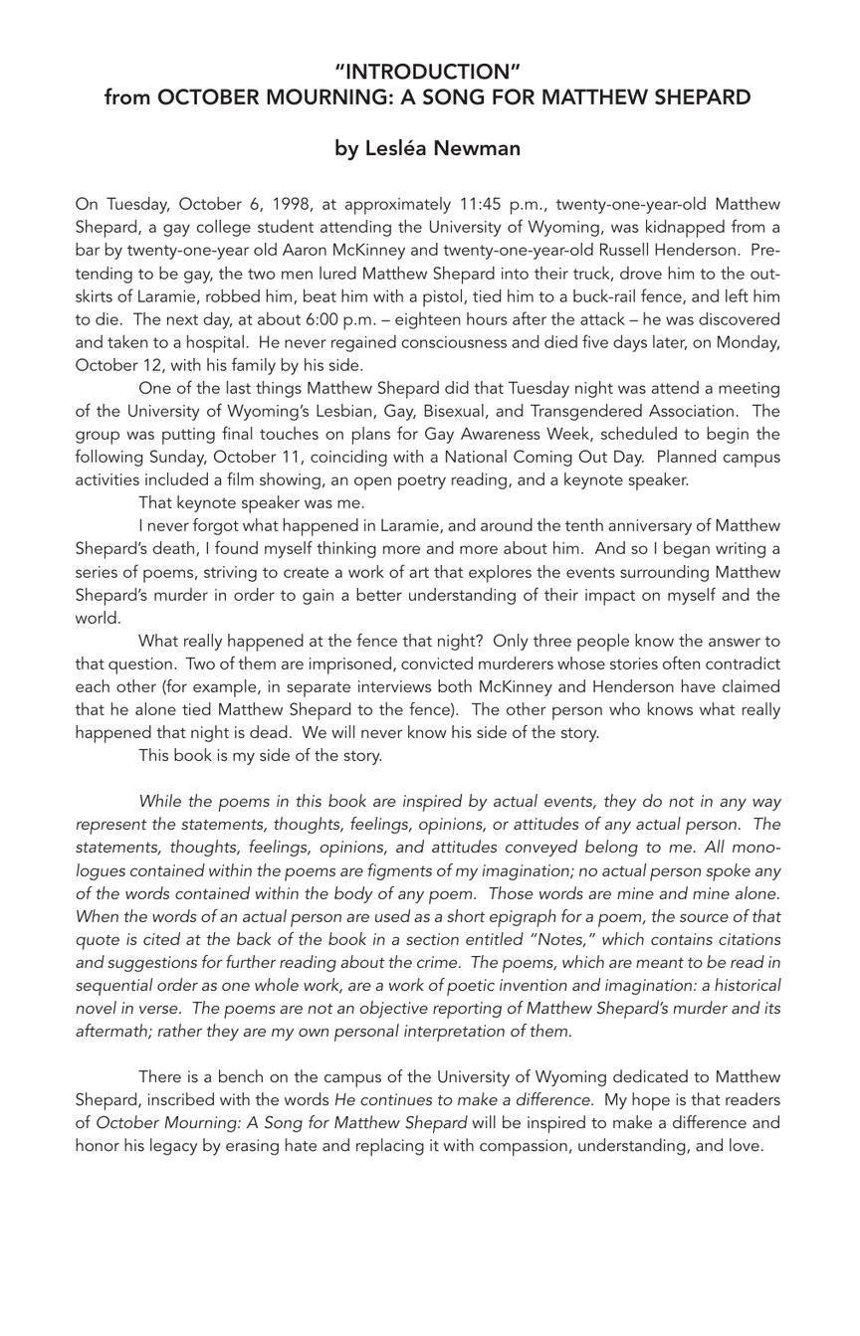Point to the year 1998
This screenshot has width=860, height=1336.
[x=293, y=205]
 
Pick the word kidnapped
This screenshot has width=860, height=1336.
[x=696, y=228]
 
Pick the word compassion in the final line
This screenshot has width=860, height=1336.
[x=525, y=1146]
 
